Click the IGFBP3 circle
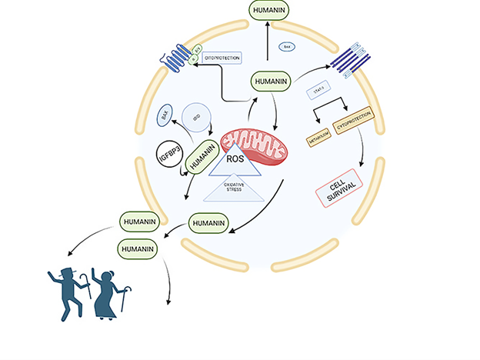tap(168, 157)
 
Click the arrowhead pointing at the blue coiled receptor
tap(193, 68)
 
